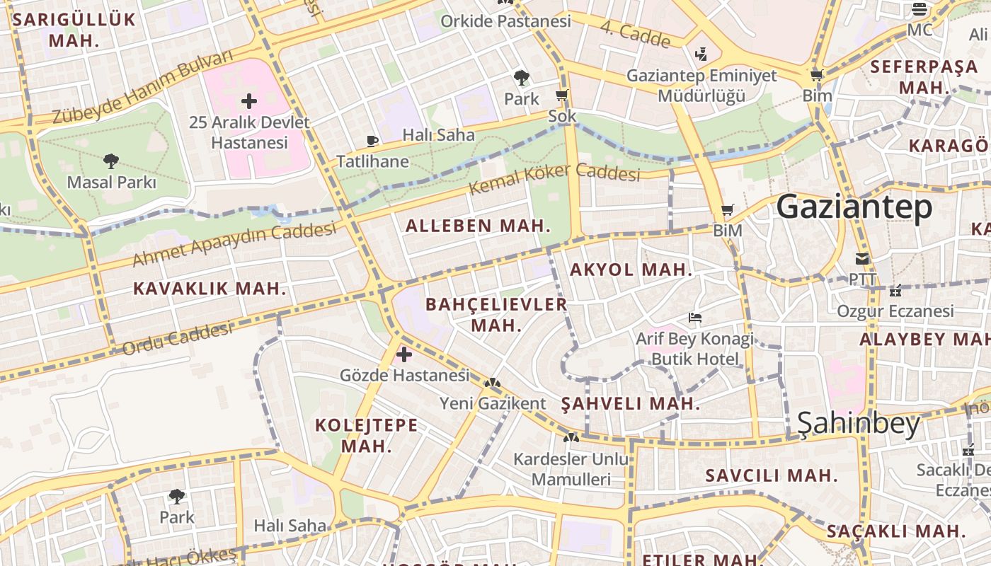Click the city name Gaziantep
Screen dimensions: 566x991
tap(854, 208)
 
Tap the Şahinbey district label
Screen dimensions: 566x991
tap(858, 424)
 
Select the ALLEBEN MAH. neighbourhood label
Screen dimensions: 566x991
tap(478, 226)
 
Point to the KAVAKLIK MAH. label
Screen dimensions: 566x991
tap(210, 289)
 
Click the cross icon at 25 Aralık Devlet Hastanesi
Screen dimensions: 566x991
tap(249, 100)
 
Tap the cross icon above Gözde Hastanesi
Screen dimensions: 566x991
tap(404, 354)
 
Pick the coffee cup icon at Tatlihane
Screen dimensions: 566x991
tap(372, 140)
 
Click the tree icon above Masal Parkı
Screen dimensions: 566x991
tap(110, 161)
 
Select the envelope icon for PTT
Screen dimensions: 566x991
tap(861, 259)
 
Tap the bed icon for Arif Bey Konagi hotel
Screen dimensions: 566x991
tap(695, 318)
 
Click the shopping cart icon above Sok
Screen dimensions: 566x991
tap(562, 96)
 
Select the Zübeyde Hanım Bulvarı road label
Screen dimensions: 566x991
tap(142, 88)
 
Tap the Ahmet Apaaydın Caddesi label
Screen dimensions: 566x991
tap(234, 245)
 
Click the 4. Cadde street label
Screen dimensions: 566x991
tap(636, 35)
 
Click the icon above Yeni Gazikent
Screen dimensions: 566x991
tap(493, 383)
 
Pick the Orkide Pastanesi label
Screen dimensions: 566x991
tap(505, 21)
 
